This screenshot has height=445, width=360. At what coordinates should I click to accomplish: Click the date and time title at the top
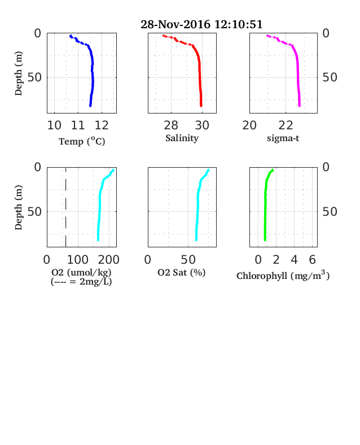coord(201,24)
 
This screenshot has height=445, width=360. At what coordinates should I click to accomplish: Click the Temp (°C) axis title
coord(82,141)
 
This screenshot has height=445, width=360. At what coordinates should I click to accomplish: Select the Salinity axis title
coord(182,138)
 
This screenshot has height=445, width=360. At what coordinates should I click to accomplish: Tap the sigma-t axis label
coord(283,138)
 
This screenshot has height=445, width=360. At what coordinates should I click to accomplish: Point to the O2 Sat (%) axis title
coord(182,272)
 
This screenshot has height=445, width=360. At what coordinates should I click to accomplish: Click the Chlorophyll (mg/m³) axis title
coord(283,275)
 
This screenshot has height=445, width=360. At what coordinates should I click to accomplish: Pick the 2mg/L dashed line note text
coord(81,282)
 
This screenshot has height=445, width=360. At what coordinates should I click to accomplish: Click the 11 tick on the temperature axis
coord(78,125)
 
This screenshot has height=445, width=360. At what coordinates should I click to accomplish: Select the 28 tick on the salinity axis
coord(171,125)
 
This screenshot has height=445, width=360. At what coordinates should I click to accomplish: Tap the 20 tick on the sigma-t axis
coord(249,125)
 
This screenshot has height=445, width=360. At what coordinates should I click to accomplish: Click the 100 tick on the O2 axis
coord(77,260)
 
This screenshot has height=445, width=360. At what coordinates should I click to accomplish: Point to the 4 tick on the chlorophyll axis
coord(294,260)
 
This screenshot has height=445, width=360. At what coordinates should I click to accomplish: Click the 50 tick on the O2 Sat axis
coord(188,260)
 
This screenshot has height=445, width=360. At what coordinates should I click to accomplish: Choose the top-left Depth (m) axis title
coord(18,73)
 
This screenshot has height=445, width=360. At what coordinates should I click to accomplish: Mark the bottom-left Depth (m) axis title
coord(18,207)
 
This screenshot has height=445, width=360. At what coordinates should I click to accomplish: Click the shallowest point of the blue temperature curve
coord(71,36)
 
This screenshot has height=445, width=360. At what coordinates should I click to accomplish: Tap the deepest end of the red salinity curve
coord(201,106)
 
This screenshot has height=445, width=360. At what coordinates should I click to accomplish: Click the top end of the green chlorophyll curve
coord(273,170)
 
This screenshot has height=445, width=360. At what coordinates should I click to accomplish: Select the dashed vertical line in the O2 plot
coord(66,207)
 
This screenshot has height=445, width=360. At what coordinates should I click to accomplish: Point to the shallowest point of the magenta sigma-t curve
coord(267,36)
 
